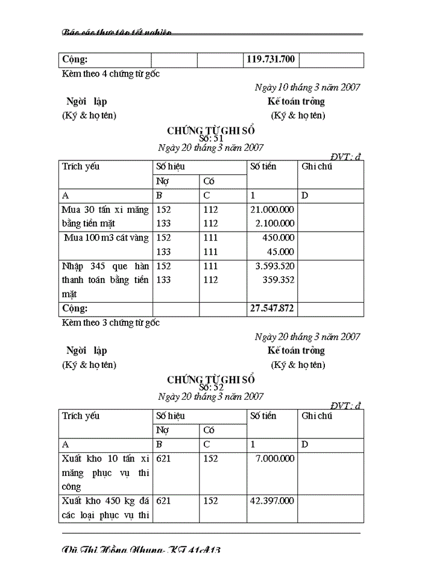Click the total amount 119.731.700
pyautogui.click(x=271, y=60)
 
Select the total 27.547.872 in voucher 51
pyautogui.click(x=271, y=308)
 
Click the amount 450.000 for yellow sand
pyautogui.click(x=279, y=238)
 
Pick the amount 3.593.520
pyautogui.click(x=274, y=266)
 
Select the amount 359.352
pyautogui.click(x=279, y=280)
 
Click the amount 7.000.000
pyautogui.click(x=274, y=459)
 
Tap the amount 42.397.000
pyautogui.click(x=272, y=501)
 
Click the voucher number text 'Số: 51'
pyautogui.click(x=211, y=138)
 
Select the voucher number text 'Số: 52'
pyautogui.click(x=211, y=388)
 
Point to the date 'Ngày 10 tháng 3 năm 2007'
pyautogui.click(x=307, y=87)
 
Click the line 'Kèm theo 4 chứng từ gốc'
pyautogui.click(x=111, y=74)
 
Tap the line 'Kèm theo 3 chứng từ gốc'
pyautogui.click(x=111, y=323)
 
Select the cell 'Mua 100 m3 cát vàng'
pyautogui.click(x=106, y=238)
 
